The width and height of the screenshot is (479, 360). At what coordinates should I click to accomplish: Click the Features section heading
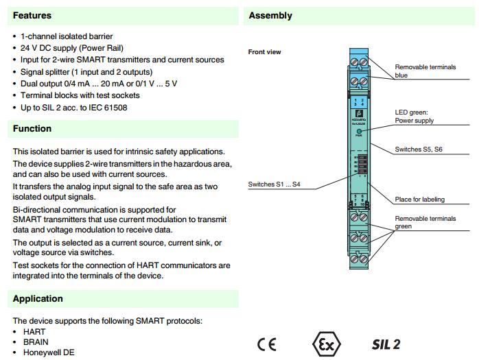(x=32, y=15)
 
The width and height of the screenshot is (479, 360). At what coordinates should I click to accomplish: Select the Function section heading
(x=32, y=128)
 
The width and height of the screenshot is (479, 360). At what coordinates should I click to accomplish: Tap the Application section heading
(x=38, y=298)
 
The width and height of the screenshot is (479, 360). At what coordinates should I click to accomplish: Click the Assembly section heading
(x=270, y=15)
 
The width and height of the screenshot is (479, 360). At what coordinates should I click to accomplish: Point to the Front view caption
(x=264, y=52)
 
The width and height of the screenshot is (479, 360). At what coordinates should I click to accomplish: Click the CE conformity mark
(x=267, y=344)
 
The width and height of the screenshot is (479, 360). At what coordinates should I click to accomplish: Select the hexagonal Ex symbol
(x=325, y=344)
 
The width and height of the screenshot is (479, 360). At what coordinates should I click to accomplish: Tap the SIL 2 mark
(x=386, y=344)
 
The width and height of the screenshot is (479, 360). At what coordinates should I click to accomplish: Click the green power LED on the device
(x=359, y=130)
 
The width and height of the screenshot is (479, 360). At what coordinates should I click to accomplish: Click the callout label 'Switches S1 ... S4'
(x=274, y=184)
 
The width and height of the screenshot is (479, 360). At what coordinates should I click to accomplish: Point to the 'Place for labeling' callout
(x=419, y=200)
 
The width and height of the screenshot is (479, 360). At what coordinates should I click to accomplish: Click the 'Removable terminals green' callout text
(x=425, y=222)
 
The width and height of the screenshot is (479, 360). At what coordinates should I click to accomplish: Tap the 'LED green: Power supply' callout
(x=414, y=116)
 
